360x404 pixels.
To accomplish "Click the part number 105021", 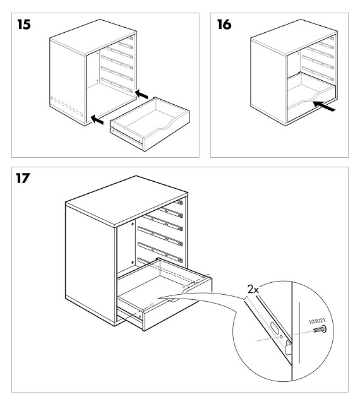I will click(318, 320).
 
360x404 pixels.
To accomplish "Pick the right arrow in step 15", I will click(144, 95).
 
